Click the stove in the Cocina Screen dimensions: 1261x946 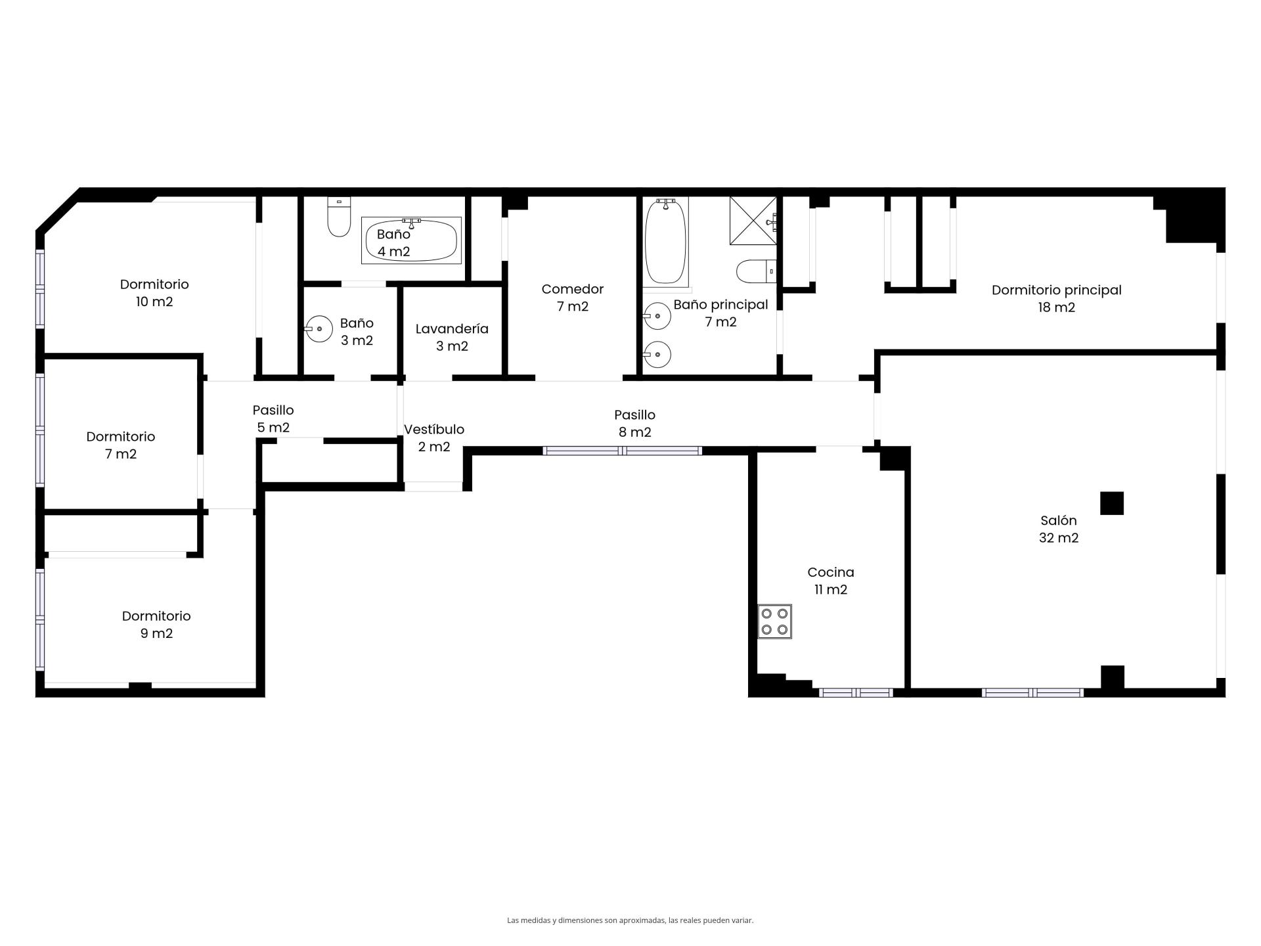pos(774,621)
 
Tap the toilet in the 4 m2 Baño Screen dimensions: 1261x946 pos(339,217)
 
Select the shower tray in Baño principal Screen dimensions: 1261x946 pos(753,221)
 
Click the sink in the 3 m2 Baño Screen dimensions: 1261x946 pos(319,329)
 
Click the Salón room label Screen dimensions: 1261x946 pos(1058,529)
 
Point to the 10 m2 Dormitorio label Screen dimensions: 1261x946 pos(154,293)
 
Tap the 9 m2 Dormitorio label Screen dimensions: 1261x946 pos(156,625)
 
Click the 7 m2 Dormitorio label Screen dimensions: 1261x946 pos(121,445)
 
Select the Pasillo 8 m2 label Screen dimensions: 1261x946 pos(634,423)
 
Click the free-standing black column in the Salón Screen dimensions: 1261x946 pos(1112,503)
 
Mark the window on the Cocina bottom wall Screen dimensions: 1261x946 pos(856,692)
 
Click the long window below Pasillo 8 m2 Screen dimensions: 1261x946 pos(623,451)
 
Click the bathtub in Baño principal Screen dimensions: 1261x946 pos(666,241)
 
